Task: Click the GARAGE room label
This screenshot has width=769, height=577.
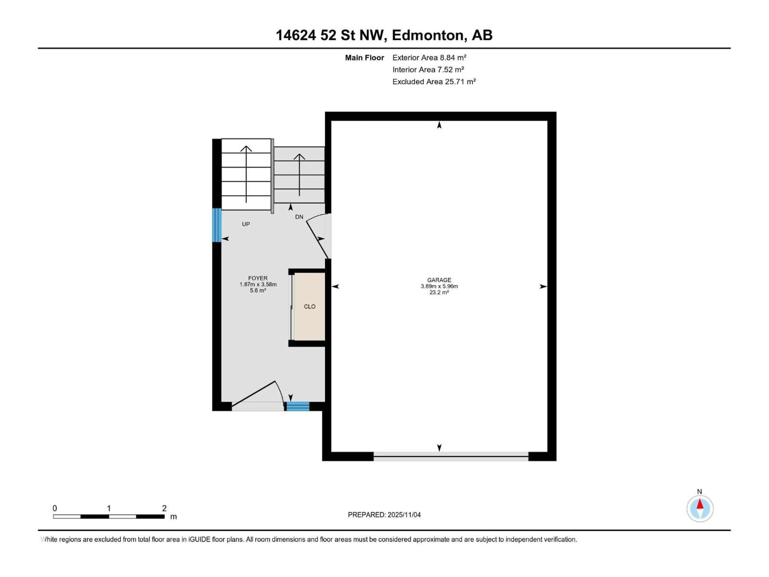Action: pyautogui.click(x=439, y=280)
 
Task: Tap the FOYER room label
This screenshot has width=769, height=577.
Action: pyautogui.click(x=258, y=278)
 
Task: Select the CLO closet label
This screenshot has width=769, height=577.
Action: pyautogui.click(x=309, y=306)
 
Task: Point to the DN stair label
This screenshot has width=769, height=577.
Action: pyautogui.click(x=299, y=217)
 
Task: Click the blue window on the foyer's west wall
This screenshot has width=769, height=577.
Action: pyautogui.click(x=217, y=225)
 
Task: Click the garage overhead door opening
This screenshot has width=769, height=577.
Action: pyautogui.click(x=451, y=456)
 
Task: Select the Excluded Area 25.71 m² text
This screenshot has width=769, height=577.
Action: pyautogui.click(x=434, y=82)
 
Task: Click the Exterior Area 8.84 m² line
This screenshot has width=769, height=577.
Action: pyautogui.click(x=429, y=58)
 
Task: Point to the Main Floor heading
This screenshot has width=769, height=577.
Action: pyautogui.click(x=364, y=58)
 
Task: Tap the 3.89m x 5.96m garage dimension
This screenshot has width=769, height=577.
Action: pyautogui.click(x=439, y=286)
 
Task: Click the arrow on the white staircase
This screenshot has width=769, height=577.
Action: pyautogui.click(x=246, y=174)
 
